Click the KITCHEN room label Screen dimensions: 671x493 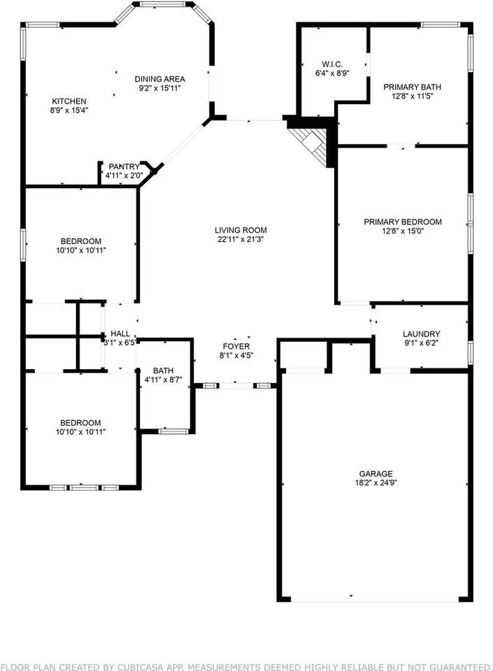pyautogui.click(x=69, y=101)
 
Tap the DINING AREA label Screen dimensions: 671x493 pyautogui.click(x=160, y=79)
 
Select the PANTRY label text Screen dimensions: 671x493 pyautogui.click(x=123, y=166)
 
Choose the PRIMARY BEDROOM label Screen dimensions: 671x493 pyautogui.click(x=402, y=222)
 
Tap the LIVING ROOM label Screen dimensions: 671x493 pyautogui.click(x=241, y=230)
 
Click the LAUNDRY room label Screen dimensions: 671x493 pyautogui.click(x=421, y=334)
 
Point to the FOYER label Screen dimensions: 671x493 pyautogui.click(x=236, y=347)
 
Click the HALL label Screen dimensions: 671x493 pyautogui.click(x=120, y=334)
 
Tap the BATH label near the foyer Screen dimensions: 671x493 pyautogui.click(x=164, y=371)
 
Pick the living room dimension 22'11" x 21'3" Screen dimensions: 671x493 pyautogui.click(x=241, y=239)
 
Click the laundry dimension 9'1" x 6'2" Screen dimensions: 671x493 pyautogui.click(x=421, y=343)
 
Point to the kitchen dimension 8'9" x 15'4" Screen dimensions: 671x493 pyautogui.click(x=69, y=110)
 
